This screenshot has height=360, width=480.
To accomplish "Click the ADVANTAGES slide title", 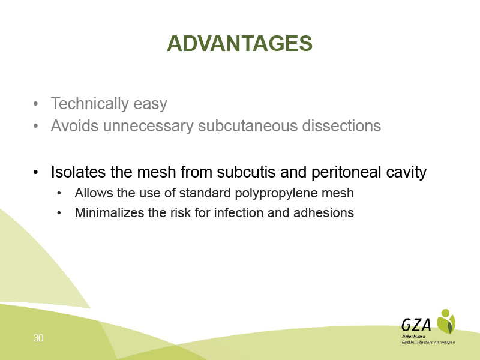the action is click(239, 43).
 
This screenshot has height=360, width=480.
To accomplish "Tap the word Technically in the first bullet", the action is click(89, 104).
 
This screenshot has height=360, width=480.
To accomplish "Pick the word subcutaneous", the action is click(248, 125).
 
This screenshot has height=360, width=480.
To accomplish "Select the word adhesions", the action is click(323, 213).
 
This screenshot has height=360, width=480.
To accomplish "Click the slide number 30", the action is click(38, 338).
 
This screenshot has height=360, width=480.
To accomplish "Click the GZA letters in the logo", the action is click(416, 325).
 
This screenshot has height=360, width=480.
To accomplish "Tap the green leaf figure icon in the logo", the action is click(446, 322).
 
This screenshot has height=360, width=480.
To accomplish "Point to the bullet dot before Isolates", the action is click(35, 172).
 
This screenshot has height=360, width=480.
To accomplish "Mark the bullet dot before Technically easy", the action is click(35, 104).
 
